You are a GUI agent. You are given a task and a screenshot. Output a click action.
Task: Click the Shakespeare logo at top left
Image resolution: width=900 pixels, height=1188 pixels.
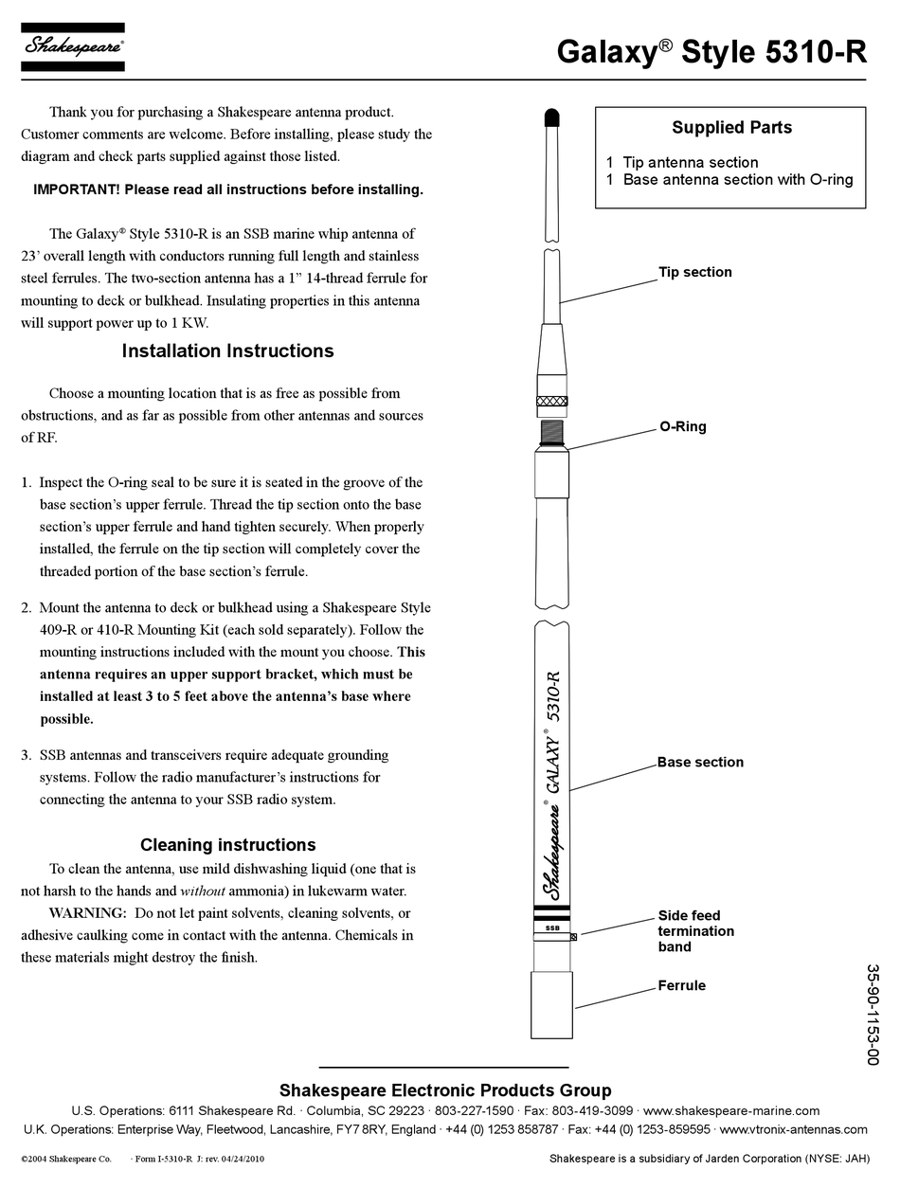tap(72, 46)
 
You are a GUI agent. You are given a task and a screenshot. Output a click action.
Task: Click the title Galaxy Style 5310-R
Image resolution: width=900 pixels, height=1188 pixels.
tap(711, 52)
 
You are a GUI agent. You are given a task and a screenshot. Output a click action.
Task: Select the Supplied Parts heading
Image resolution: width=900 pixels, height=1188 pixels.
tap(731, 128)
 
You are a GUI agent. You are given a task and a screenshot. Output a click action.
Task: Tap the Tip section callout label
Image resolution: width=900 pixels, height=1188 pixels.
tap(695, 273)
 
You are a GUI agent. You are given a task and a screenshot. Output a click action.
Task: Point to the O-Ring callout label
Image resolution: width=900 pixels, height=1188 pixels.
tap(683, 427)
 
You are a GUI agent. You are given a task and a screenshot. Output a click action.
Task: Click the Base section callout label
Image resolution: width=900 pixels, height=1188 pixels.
tap(700, 763)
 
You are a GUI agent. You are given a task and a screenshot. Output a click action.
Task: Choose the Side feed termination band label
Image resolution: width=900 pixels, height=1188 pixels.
tap(696, 931)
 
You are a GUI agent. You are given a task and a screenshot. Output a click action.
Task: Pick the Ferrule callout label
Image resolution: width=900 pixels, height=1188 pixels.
tap(682, 986)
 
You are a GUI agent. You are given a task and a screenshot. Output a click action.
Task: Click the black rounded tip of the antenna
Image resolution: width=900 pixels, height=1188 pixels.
tap(553, 117)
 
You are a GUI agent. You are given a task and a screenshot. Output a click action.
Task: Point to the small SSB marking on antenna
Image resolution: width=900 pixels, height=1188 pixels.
tap(552, 928)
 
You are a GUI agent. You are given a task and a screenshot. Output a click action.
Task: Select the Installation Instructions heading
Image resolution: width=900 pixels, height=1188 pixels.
tap(227, 351)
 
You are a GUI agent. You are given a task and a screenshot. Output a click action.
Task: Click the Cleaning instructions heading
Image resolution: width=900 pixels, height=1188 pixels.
tap(227, 845)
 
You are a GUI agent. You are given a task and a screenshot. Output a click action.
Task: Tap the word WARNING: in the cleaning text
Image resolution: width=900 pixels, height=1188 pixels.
tap(87, 913)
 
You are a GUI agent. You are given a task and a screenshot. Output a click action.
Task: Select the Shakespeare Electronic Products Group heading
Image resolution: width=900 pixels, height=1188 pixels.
tap(445, 1090)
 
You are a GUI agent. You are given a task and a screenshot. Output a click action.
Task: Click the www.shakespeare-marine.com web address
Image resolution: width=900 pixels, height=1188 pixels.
tap(730, 1111)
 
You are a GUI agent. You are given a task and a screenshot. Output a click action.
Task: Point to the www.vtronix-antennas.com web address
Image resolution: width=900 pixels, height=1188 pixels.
tap(793, 1129)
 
